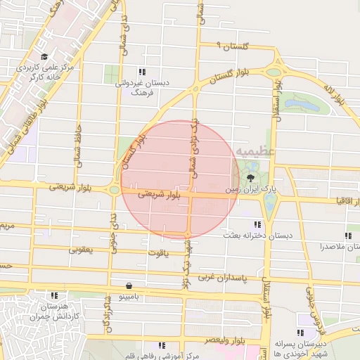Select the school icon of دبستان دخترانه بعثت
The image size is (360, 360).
click(247, 224)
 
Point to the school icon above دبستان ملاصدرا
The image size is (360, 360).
click(347, 236)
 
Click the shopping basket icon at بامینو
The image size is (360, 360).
click(129, 286)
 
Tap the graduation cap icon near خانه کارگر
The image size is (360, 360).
click(44, 57)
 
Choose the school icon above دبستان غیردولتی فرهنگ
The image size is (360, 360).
click(142, 72)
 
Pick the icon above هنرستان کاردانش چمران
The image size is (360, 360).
click(54, 295)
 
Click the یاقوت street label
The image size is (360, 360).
click(157, 252)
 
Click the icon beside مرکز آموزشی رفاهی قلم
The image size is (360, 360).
click(162, 345)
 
